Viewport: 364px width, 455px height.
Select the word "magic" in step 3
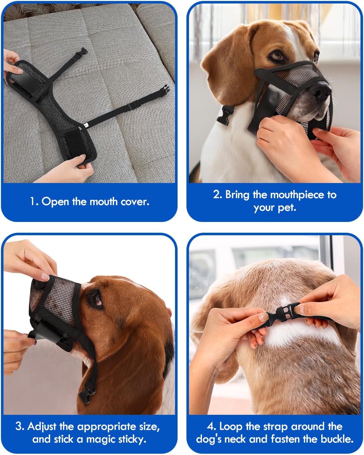pyautogui.click(x=97, y=439)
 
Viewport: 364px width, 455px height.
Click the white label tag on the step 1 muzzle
pyautogui.click(x=86, y=125)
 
